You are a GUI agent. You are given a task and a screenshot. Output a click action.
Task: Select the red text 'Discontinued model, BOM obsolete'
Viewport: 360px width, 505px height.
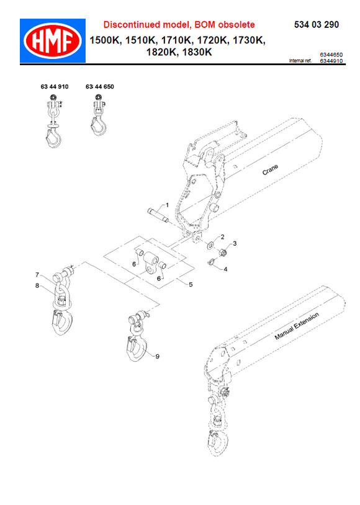[179, 25]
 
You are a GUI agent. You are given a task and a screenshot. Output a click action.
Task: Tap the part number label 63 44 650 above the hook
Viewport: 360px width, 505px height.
[99, 88]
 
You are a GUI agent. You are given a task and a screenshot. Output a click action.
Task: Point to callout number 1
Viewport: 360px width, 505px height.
[166, 205]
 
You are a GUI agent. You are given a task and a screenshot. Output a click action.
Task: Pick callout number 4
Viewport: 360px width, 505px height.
[225, 269]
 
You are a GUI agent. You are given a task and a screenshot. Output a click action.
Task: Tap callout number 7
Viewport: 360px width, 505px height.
[37, 274]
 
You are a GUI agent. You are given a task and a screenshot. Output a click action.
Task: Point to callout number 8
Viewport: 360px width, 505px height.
[37, 285]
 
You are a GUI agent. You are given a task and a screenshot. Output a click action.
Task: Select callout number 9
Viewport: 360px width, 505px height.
[158, 356]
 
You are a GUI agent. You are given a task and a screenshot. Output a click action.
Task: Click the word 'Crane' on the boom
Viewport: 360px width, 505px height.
[270, 171]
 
